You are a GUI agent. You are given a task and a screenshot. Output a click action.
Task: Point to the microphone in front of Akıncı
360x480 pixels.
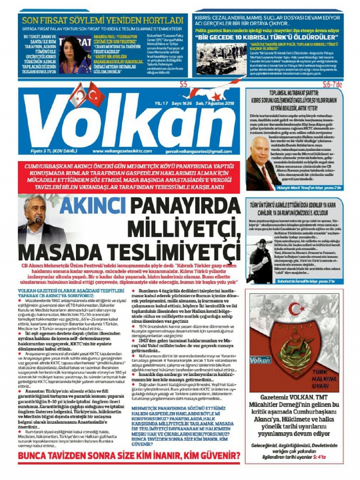click(x=38, y=220)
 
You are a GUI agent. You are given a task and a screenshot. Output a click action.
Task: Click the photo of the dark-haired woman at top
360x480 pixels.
click(x=75, y=54)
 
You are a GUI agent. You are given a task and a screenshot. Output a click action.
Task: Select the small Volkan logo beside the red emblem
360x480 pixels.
click(x=260, y=360)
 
